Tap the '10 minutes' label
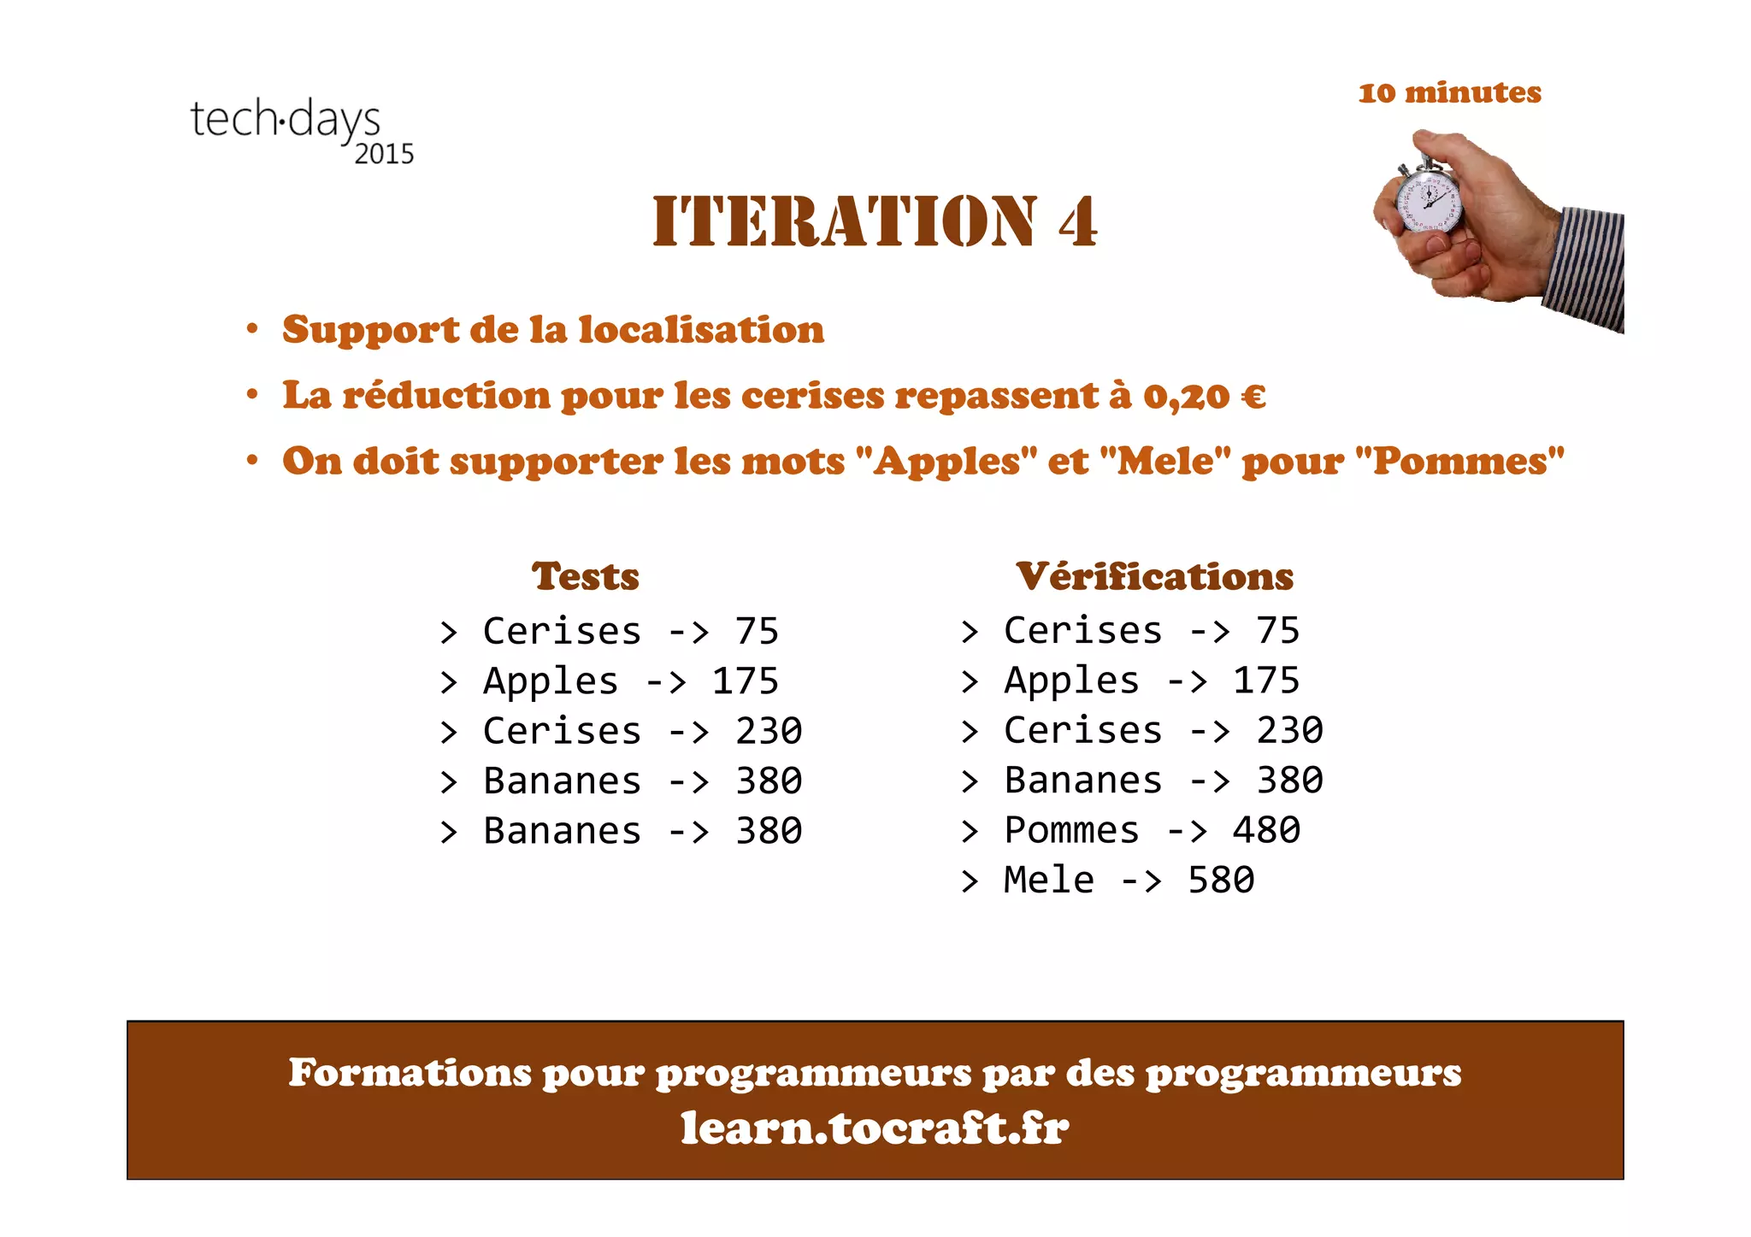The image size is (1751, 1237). (1449, 92)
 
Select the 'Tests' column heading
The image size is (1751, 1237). (585, 576)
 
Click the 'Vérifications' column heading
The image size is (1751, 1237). (1154, 576)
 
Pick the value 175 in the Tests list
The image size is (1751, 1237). (745, 681)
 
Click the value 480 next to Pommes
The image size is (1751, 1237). (1266, 830)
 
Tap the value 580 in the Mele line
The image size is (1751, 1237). (1221, 880)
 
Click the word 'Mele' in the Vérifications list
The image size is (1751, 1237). (1048, 880)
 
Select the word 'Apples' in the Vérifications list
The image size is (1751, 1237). (1071, 681)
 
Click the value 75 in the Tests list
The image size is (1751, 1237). (757, 632)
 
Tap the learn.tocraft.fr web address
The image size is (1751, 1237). (875, 1127)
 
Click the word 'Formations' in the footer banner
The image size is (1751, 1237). (409, 1072)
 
